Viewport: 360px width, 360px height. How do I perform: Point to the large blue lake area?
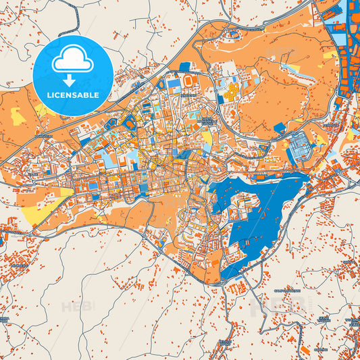(x=270, y=203)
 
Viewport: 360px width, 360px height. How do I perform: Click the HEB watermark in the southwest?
(x=75, y=307)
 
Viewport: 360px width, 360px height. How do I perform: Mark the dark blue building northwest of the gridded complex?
(x=280, y=127)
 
